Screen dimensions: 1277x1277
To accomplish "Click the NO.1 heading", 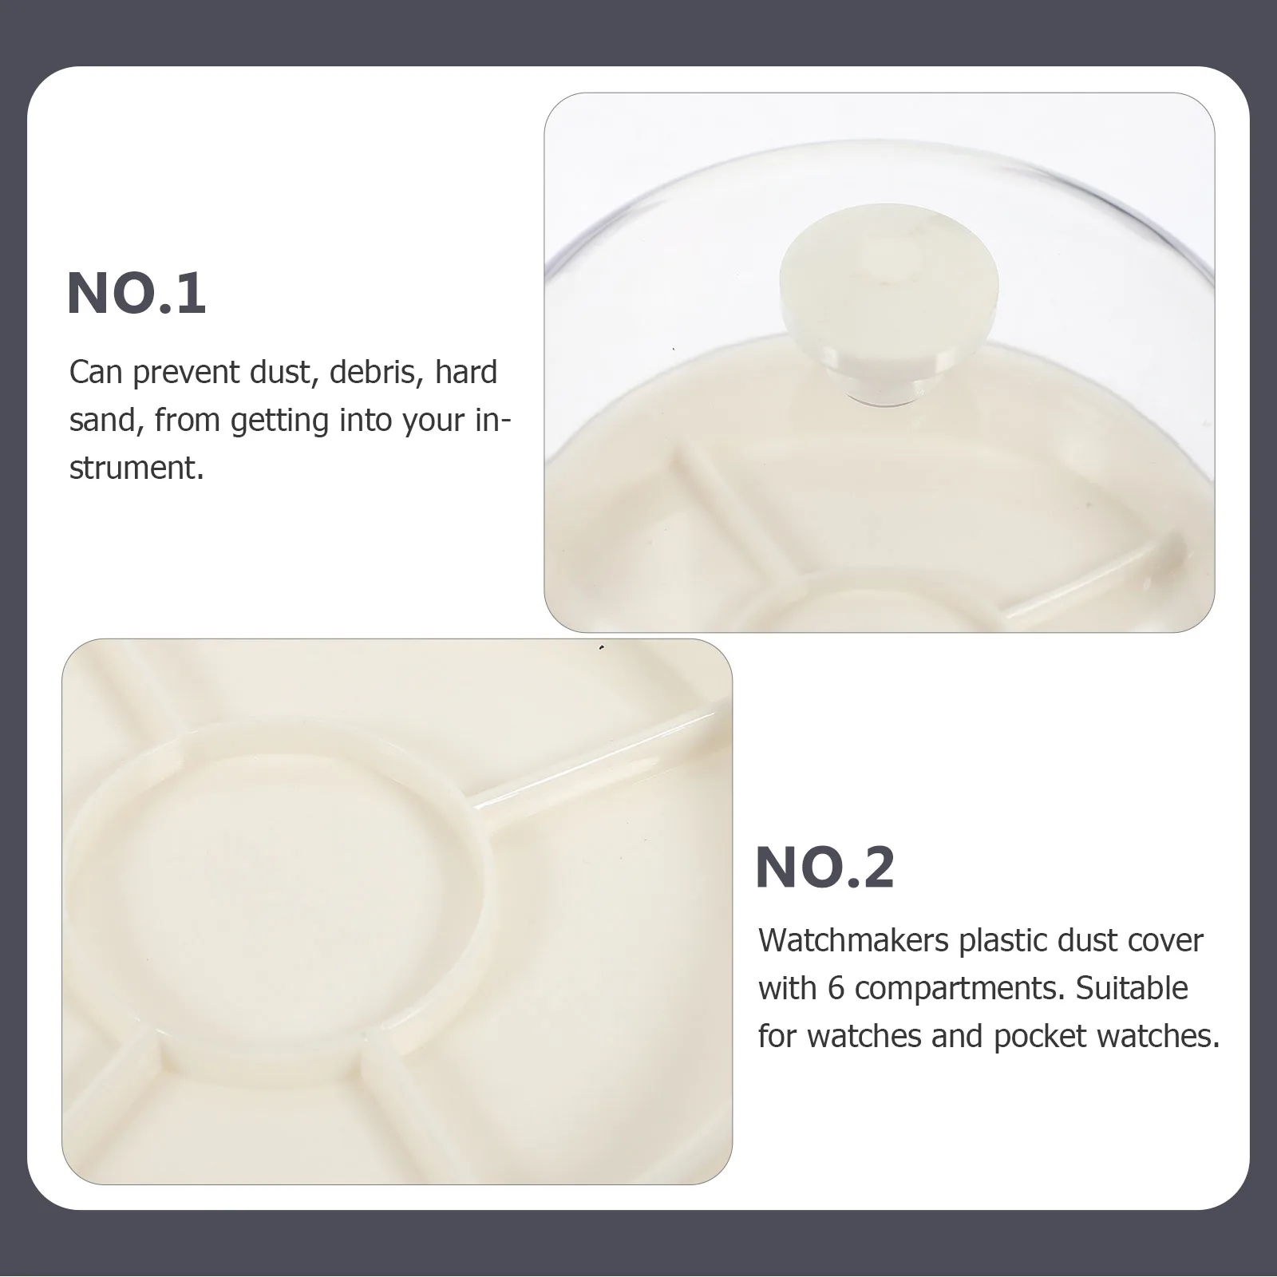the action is coord(136,294).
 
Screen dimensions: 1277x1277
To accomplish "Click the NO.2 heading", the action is coord(825,868).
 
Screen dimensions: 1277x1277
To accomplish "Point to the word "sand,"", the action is coord(106,420).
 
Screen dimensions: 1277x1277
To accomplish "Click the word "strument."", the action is coord(137,468).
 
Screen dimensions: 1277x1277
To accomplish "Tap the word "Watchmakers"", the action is coord(853,940).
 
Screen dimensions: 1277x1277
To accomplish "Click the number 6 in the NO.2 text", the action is coord(836,988).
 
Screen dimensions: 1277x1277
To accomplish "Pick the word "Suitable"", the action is coord(1132,988).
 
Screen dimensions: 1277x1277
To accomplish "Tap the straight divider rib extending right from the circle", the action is coord(599,757).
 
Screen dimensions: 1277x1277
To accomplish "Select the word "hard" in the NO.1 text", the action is coord(466,372).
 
